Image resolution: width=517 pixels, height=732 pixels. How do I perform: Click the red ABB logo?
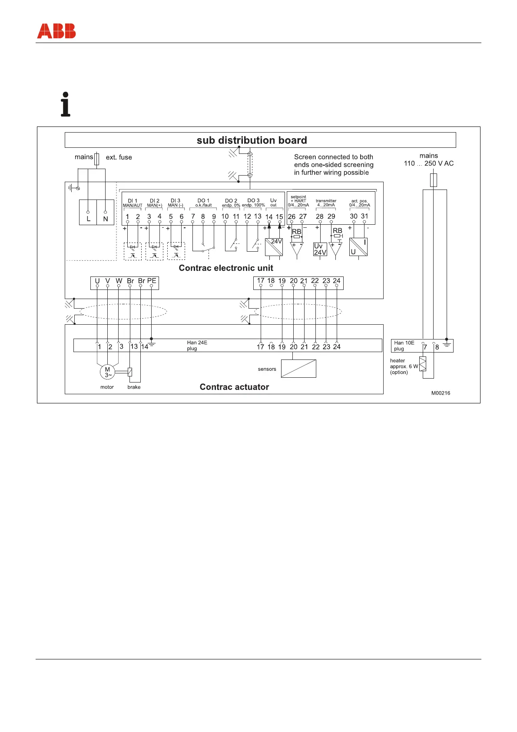(56, 31)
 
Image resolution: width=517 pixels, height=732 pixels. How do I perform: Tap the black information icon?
(66, 104)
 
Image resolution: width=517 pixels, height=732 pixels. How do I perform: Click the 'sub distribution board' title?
(252, 140)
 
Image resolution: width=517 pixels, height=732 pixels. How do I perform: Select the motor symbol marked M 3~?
(107, 372)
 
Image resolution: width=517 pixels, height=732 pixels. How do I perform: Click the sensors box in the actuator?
(298, 369)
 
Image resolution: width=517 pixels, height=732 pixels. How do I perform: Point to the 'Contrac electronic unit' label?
(226, 268)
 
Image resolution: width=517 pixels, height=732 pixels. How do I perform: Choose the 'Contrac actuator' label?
(234, 387)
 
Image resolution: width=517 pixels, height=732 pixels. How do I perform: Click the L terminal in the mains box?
(88, 219)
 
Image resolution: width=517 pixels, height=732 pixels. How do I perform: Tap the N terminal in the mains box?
(106, 219)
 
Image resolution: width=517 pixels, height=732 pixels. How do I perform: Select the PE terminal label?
(152, 281)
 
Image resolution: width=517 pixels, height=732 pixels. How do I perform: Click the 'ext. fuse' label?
(119, 157)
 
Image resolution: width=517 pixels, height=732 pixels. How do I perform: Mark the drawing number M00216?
(441, 393)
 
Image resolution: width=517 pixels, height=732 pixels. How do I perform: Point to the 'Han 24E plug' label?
(197, 346)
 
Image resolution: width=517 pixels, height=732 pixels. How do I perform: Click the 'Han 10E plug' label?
(404, 346)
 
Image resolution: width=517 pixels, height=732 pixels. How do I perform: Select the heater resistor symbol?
(423, 363)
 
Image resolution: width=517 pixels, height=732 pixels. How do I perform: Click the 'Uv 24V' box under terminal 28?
(320, 249)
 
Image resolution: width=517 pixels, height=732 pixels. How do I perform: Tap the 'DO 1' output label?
(203, 200)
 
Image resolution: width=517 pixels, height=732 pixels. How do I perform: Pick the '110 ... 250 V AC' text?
(428, 163)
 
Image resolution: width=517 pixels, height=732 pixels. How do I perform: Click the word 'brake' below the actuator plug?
(134, 387)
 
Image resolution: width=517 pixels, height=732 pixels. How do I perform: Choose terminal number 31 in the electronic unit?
(365, 216)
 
